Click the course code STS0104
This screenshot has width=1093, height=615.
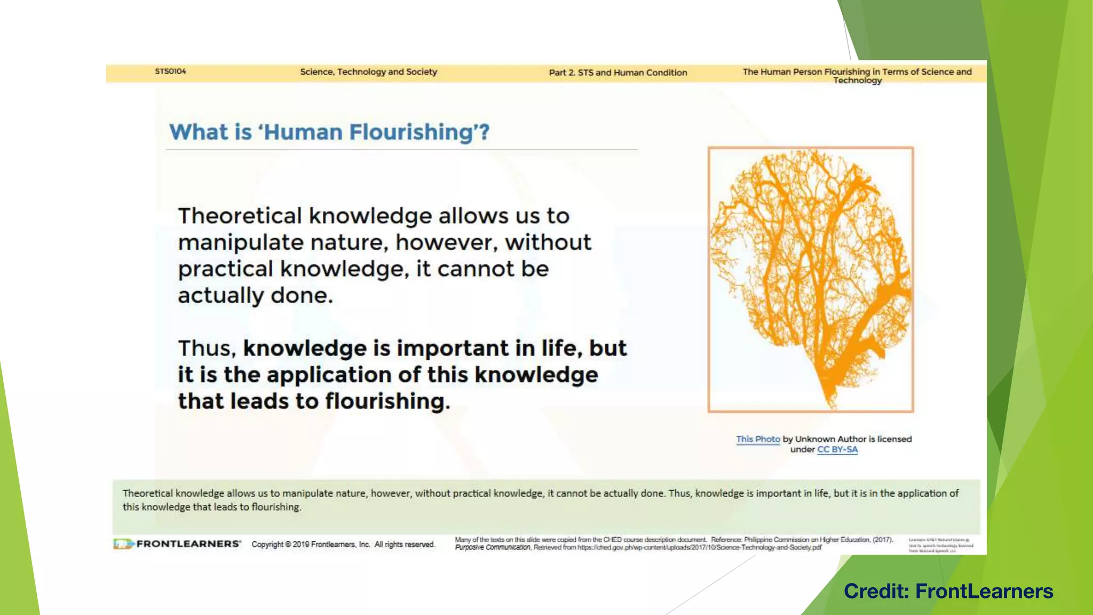(170, 72)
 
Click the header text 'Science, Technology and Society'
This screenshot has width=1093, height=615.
(368, 72)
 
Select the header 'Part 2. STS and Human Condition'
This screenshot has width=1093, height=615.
(618, 73)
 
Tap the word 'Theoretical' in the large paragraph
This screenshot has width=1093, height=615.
(240, 216)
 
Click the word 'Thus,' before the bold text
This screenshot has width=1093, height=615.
(207, 349)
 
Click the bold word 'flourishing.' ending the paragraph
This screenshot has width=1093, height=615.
(387, 401)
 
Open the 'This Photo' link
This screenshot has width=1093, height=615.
(758, 439)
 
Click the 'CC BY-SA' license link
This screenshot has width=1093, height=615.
(837, 450)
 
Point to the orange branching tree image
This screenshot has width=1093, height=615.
(811, 279)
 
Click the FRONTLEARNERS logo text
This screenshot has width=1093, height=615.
(189, 544)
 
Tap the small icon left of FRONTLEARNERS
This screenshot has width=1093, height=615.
(123, 544)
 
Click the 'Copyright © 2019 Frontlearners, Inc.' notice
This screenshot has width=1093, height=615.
(343, 545)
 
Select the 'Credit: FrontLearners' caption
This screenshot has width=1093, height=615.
(948, 592)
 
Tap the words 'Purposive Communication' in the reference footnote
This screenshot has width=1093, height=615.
(493, 548)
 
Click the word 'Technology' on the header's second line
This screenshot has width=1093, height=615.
(857, 81)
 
